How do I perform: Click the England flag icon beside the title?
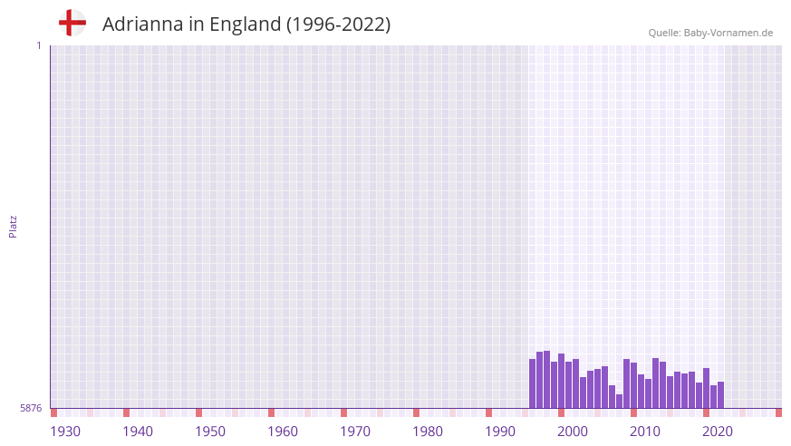[72, 23]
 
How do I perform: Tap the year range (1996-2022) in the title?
[338, 24]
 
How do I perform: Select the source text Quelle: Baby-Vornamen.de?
[710, 33]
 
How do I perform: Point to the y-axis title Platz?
[13, 226]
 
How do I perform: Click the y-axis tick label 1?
[38, 45]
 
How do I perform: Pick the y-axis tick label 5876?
[31, 409]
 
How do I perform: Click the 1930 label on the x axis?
[65, 431]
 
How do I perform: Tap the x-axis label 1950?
[210, 431]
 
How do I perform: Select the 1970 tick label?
[355, 431]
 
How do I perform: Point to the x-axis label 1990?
[500, 431]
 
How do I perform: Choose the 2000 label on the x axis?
[573, 431]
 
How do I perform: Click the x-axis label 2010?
[645, 431]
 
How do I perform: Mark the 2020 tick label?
[718, 431]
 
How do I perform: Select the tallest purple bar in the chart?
[547, 380]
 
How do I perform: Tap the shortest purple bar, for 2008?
[620, 401]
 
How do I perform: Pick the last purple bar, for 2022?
[721, 395]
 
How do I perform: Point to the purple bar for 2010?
[634, 385]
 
